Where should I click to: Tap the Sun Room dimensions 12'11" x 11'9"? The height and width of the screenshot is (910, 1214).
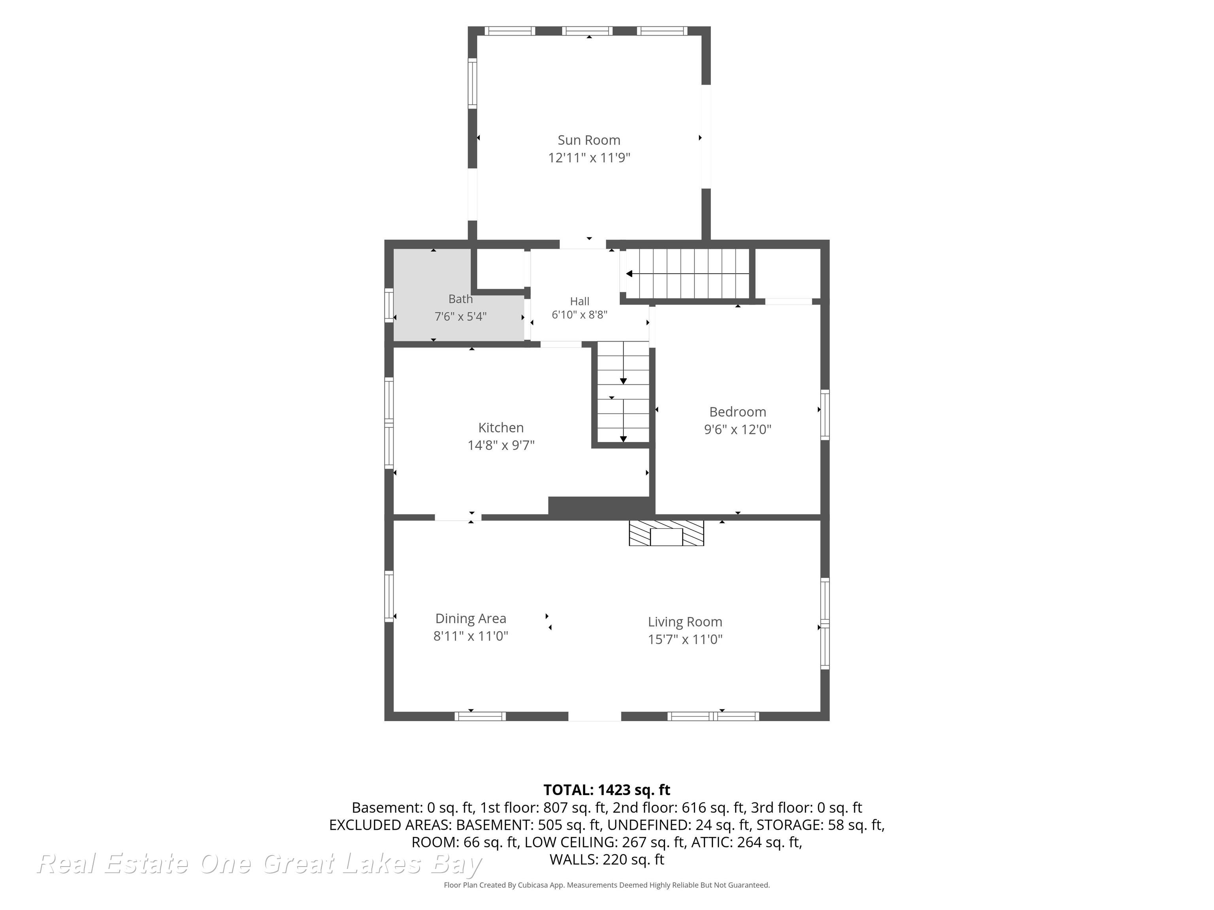(589, 158)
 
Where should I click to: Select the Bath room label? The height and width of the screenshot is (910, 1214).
(460, 299)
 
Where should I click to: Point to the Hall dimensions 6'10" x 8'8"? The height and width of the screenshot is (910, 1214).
(580, 315)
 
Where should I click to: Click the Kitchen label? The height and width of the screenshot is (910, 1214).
(501, 427)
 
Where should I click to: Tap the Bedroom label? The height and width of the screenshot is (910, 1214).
(738, 412)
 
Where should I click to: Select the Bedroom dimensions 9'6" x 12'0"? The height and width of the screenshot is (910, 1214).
(738, 429)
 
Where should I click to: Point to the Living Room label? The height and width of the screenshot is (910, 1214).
(685, 622)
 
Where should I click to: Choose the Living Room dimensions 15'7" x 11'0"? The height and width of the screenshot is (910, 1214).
(685, 639)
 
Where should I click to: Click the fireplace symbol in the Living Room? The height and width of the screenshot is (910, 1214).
(666, 533)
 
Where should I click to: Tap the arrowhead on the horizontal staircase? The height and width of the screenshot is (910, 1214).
(630, 274)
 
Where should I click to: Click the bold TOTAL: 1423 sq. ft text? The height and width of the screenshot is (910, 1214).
(607, 790)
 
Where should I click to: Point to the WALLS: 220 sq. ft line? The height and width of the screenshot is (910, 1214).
(607, 859)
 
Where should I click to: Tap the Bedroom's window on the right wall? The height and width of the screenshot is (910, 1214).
(824, 415)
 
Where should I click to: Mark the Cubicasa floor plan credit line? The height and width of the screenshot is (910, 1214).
(607, 885)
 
